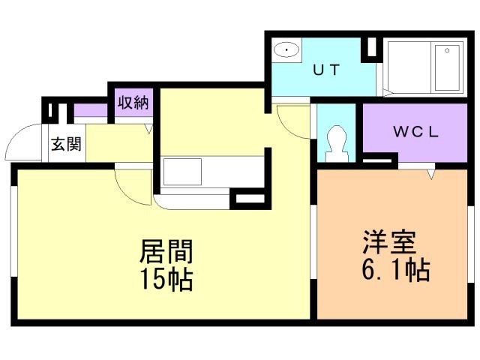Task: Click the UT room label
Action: tap(327, 70)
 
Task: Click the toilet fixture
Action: tap(335, 142)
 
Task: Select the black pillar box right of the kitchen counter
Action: tap(247, 200)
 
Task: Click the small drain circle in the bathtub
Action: tap(448, 50)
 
